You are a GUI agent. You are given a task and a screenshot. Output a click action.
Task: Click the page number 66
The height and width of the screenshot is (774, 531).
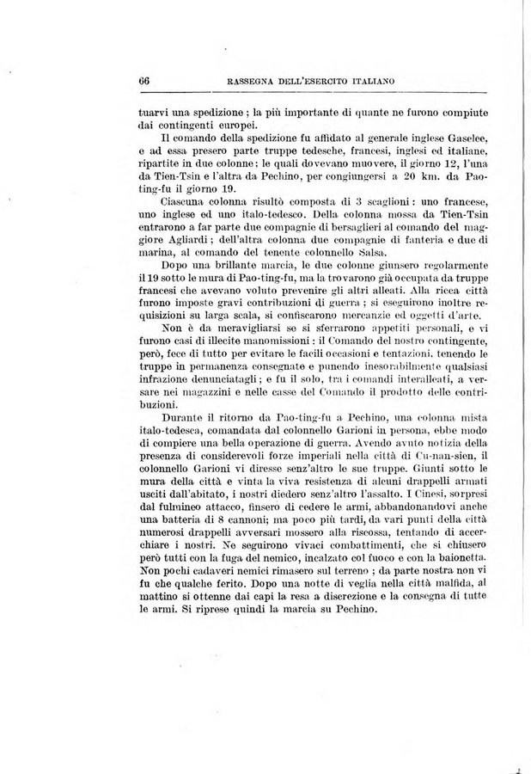tap(144, 81)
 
